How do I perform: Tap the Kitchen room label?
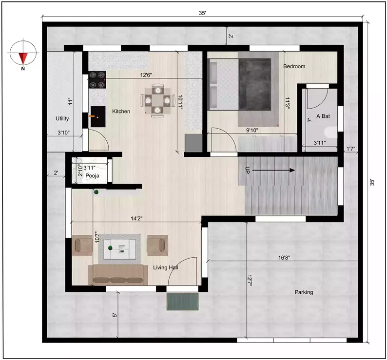click(x=121, y=112)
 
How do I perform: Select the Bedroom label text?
click(x=294, y=66)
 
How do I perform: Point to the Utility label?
click(x=62, y=118)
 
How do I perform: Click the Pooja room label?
click(x=93, y=175)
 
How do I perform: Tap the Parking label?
click(x=304, y=292)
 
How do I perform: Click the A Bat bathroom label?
click(x=323, y=116)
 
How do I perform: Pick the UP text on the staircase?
click(x=248, y=170)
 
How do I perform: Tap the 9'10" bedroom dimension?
click(x=252, y=130)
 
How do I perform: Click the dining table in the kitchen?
click(x=156, y=100)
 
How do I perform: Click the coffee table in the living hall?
click(x=119, y=246)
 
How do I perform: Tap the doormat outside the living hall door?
click(x=183, y=302)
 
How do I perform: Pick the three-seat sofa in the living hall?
click(x=118, y=275)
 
